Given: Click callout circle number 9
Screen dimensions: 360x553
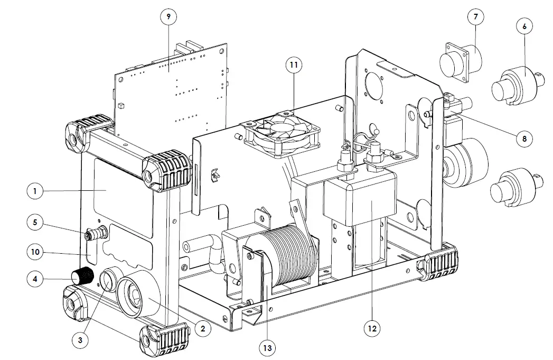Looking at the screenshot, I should [168, 17].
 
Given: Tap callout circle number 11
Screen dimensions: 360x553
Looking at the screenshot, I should [294, 65].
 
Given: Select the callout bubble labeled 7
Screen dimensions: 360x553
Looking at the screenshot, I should [475, 17].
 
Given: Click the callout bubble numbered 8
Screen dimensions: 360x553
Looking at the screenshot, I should [524, 139].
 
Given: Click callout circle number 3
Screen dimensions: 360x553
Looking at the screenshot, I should [80, 340].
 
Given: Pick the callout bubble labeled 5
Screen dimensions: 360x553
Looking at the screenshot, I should [35, 223].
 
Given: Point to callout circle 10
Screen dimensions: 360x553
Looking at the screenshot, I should [35, 253].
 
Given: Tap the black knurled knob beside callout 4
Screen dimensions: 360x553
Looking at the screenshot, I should [82, 276].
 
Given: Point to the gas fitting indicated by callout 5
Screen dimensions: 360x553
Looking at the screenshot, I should [96, 232].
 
